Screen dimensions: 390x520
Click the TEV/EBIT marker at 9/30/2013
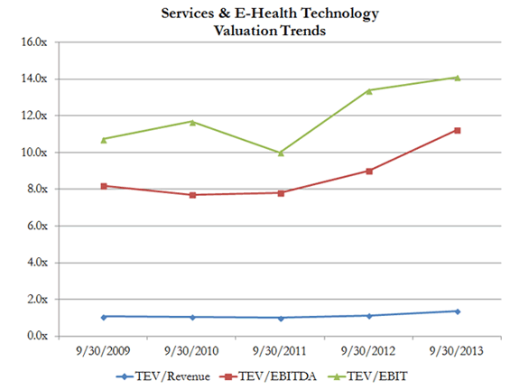point(457,78)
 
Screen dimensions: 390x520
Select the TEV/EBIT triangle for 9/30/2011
point(281,153)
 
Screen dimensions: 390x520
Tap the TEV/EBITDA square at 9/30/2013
point(457,130)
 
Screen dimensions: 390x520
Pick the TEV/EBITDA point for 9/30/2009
point(104,186)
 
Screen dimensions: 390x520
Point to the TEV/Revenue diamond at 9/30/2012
point(369,316)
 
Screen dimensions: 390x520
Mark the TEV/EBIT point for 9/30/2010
point(192,121)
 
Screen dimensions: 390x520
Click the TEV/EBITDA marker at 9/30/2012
point(369,171)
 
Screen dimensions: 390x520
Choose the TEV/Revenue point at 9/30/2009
point(104,317)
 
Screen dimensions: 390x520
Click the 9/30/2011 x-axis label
point(281,349)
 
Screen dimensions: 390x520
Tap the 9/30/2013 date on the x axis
point(457,349)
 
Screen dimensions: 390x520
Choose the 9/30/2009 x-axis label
point(104,349)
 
